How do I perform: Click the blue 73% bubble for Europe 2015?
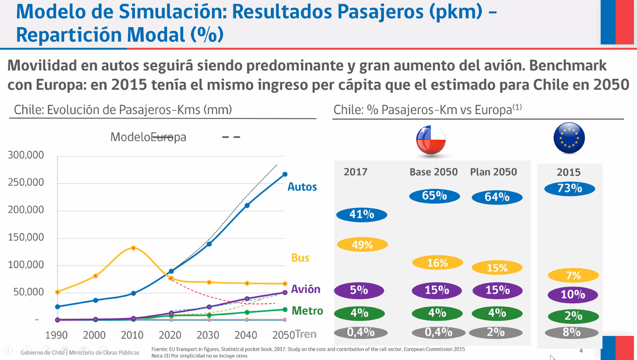coord(570,188)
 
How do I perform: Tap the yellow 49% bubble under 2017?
coord(362,245)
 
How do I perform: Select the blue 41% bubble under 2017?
coord(362,215)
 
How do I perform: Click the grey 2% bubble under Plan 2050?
coord(497,332)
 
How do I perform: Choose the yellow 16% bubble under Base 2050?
coord(437,262)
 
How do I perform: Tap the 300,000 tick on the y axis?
coord(25,156)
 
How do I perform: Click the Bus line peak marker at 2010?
coord(133,248)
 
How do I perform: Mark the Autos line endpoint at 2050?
coord(285,174)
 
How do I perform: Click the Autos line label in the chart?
coord(302,187)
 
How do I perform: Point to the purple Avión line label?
coord(305,289)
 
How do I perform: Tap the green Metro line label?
coord(307,311)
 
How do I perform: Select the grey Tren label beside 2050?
coord(306,334)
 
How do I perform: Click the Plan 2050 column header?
coord(493,172)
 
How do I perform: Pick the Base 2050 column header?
coord(434,172)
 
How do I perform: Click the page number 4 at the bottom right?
coord(581,350)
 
